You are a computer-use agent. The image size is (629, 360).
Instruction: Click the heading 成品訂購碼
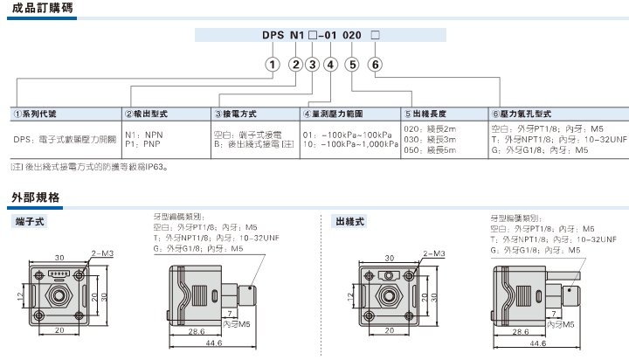tap(36, 9)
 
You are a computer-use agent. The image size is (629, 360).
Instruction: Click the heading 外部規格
tap(36, 197)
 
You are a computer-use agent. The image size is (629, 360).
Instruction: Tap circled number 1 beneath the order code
tap(273, 65)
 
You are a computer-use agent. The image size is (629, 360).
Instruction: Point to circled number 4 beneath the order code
tap(330, 65)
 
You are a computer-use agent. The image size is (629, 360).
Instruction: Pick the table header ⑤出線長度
tap(428, 114)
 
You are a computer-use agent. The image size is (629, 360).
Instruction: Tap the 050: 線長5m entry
tap(432, 150)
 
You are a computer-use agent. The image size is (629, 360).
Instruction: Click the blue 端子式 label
tap(30, 222)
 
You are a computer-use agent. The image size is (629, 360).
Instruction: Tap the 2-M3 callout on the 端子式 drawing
tap(103, 253)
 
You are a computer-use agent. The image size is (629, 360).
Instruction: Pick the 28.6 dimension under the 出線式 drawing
tap(520, 332)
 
